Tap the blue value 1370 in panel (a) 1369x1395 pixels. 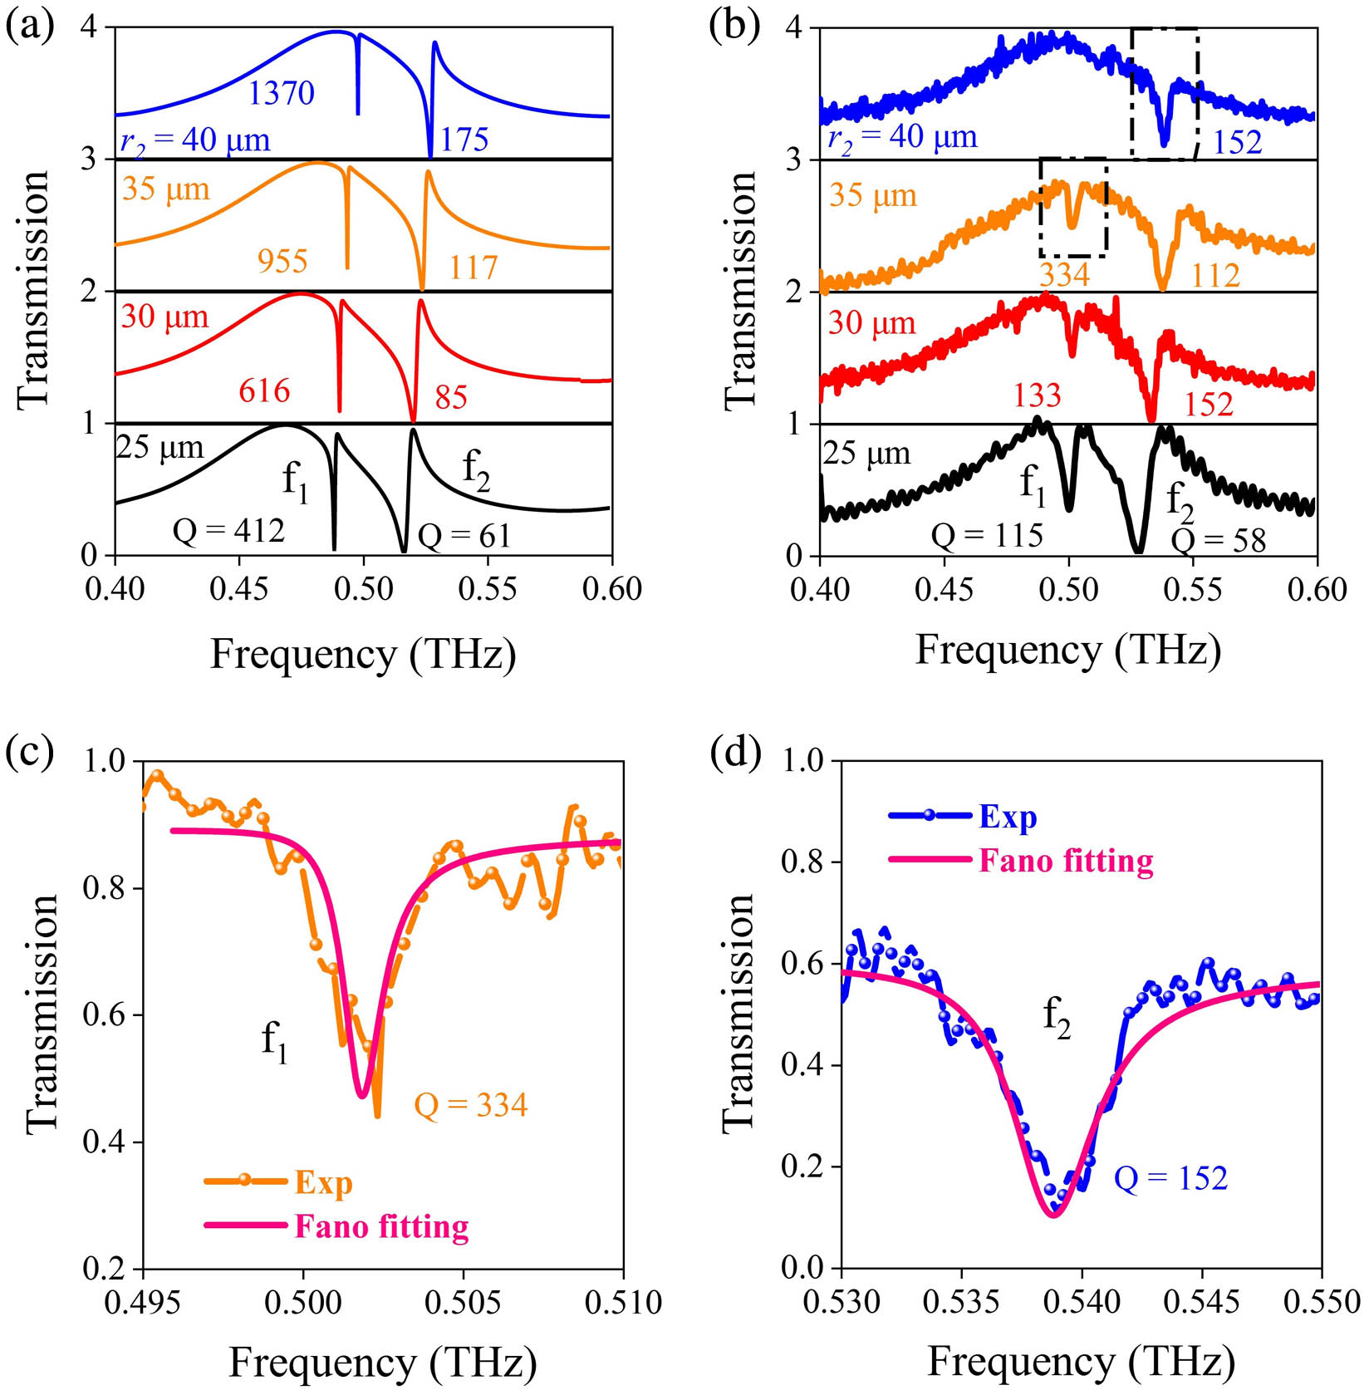tap(282, 92)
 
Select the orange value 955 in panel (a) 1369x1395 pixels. tap(282, 261)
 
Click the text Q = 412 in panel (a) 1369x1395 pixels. tap(228, 529)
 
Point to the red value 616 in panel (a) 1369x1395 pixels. tap(264, 390)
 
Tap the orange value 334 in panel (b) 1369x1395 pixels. tap(1064, 273)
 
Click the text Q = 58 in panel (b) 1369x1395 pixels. tap(1219, 541)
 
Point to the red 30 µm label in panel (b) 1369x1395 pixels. tap(871, 322)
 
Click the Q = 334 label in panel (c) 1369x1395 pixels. tap(471, 1104)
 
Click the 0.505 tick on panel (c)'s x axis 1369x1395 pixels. tap(463, 1301)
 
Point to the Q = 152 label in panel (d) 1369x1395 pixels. tap(1170, 1177)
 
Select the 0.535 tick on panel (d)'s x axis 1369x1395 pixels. tap(961, 1301)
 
